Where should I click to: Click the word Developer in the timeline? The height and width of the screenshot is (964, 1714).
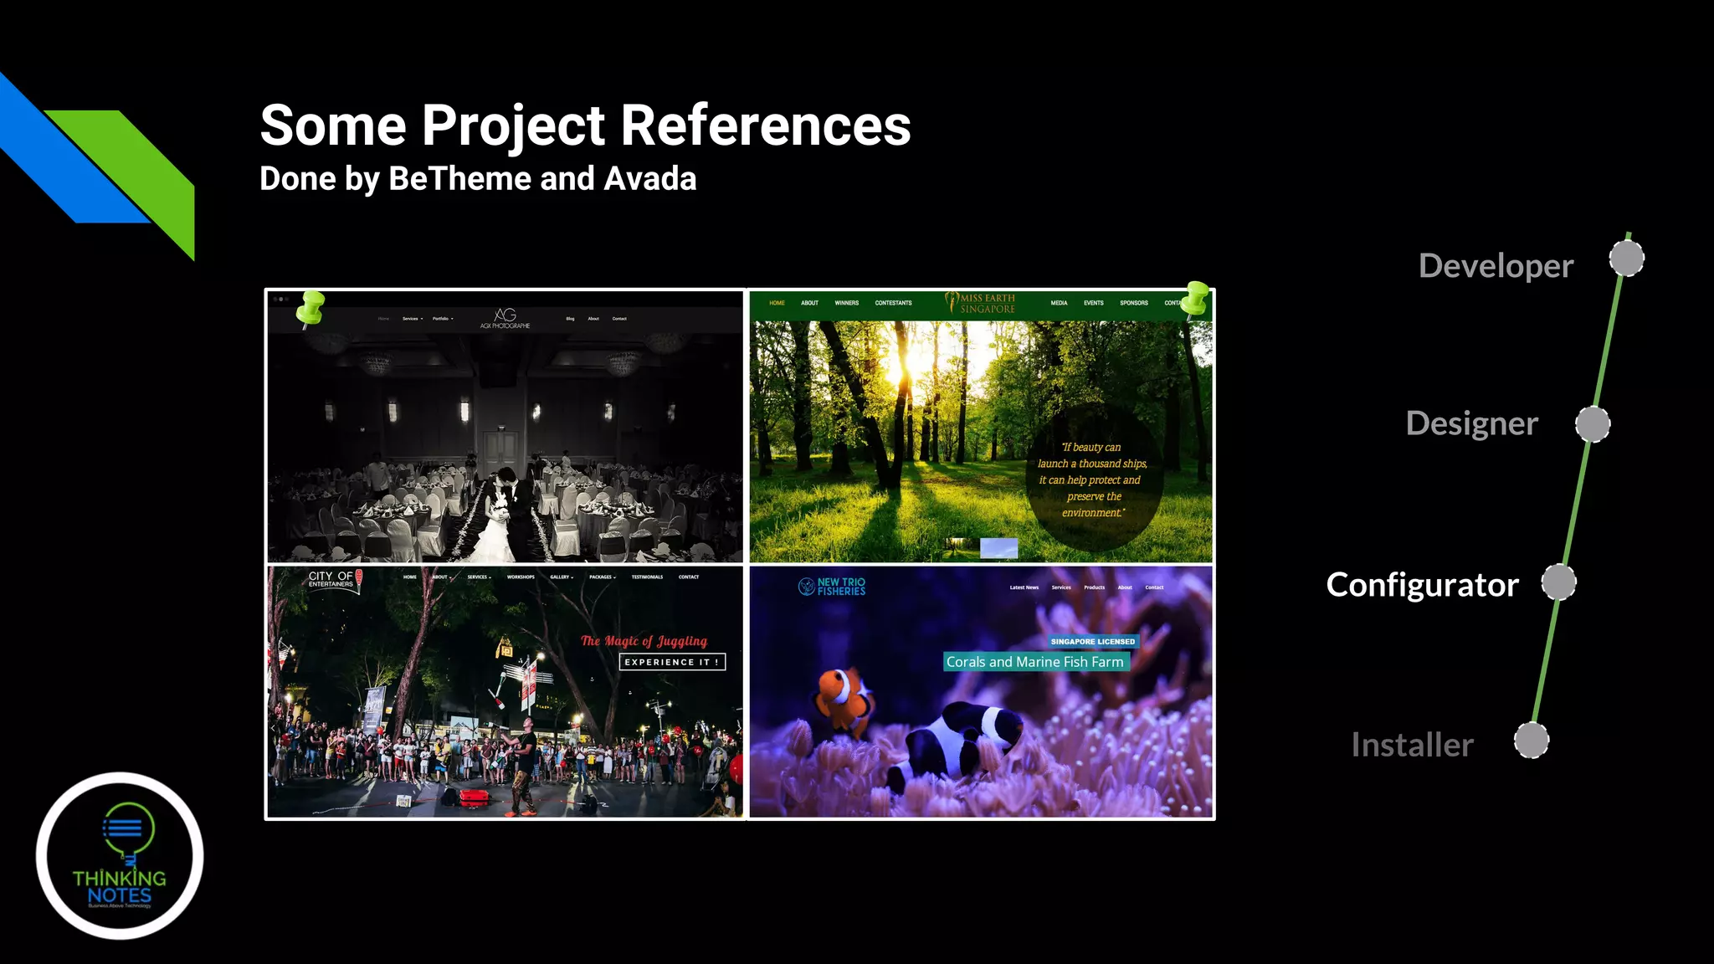(x=1496, y=266)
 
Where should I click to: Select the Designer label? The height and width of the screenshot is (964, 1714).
(x=1471, y=423)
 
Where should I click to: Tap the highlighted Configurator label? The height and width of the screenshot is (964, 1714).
(x=1422, y=585)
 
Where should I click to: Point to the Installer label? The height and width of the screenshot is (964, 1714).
(x=1412, y=745)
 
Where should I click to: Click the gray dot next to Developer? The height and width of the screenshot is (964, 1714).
(x=1626, y=259)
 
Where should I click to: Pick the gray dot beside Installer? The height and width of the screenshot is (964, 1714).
(x=1532, y=741)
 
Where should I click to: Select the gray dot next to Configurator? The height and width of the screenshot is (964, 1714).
(x=1558, y=582)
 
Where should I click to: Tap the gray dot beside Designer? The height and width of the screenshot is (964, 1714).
(x=1593, y=424)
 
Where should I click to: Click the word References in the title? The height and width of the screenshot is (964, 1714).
(x=765, y=126)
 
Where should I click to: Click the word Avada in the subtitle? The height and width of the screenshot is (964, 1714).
(x=650, y=179)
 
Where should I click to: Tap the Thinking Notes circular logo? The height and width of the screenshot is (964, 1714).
(x=120, y=855)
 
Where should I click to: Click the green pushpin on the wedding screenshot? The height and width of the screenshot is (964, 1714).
(x=310, y=308)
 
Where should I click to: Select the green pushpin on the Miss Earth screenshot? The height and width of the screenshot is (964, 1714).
(x=1195, y=300)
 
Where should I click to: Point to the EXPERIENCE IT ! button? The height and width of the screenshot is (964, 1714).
(x=672, y=662)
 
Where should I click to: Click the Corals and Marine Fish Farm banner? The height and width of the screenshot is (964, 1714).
(x=1035, y=662)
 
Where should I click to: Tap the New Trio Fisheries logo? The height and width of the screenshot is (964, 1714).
(x=832, y=587)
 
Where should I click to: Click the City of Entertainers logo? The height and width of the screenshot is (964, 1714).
(x=334, y=579)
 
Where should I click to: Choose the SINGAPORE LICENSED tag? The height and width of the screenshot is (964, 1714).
(x=1092, y=642)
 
